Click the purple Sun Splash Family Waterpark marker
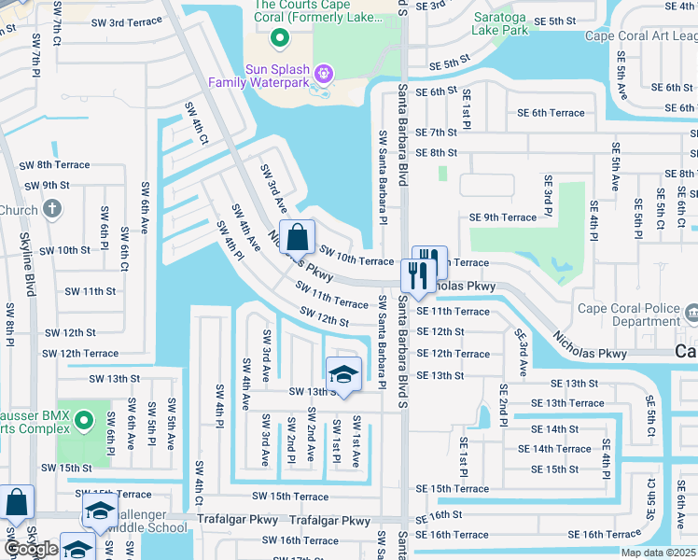(324, 71)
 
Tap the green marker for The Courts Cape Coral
(278, 38)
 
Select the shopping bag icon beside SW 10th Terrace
(297, 239)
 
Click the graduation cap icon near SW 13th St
(343, 375)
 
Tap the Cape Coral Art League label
(640, 36)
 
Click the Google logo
(30, 549)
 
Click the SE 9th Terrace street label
(503, 217)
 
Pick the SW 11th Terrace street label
(332, 298)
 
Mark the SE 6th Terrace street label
(551, 113)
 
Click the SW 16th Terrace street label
(300, 540)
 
